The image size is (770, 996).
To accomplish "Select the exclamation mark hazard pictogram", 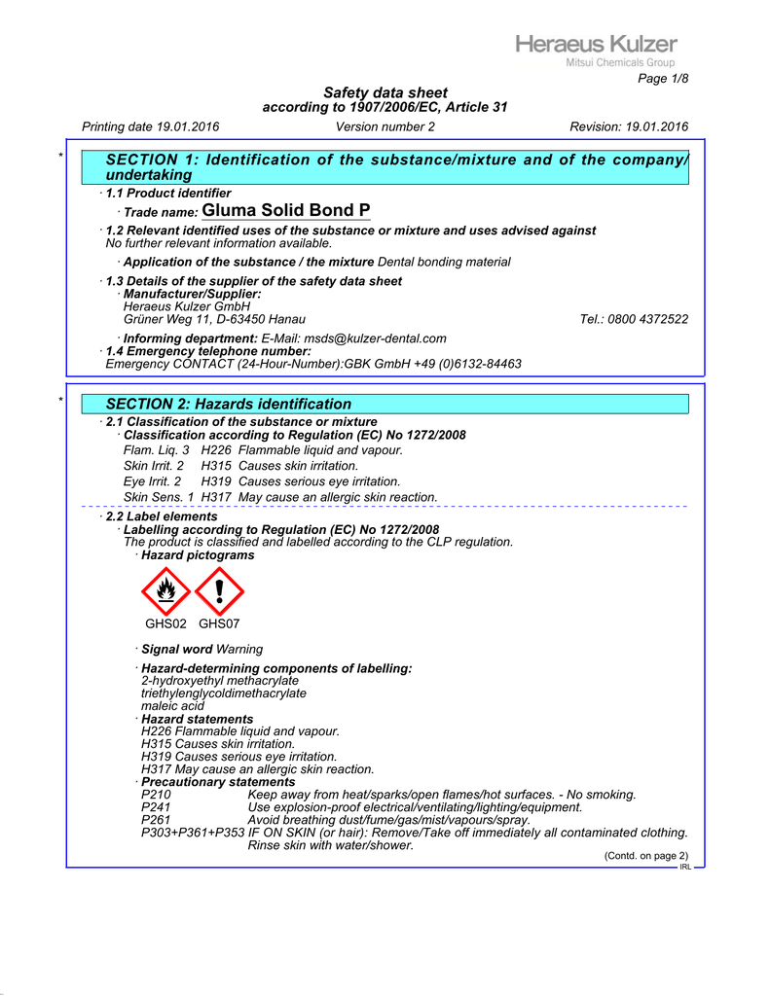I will [219, 591].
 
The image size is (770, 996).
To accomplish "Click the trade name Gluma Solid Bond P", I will [286, 211].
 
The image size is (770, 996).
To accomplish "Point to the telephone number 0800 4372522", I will [634, 319].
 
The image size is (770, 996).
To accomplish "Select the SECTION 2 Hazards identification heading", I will [228, 404].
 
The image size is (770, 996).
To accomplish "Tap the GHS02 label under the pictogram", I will [165, 623].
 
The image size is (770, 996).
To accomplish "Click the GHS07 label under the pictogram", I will [219, 623].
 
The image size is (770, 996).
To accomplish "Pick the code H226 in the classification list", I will [217, 450].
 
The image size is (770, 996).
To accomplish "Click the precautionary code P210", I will [156, 795].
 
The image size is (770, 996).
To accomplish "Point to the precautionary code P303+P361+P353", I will [193, 833].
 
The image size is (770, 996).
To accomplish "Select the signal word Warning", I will [239, 649].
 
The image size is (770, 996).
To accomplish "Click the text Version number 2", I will [385, 126].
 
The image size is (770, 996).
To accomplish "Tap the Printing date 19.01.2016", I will [151, 126].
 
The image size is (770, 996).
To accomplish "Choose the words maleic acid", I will [172, 706].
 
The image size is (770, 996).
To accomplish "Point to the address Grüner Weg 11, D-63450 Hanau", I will [214, 319].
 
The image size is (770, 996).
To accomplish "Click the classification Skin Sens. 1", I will [159, 497].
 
